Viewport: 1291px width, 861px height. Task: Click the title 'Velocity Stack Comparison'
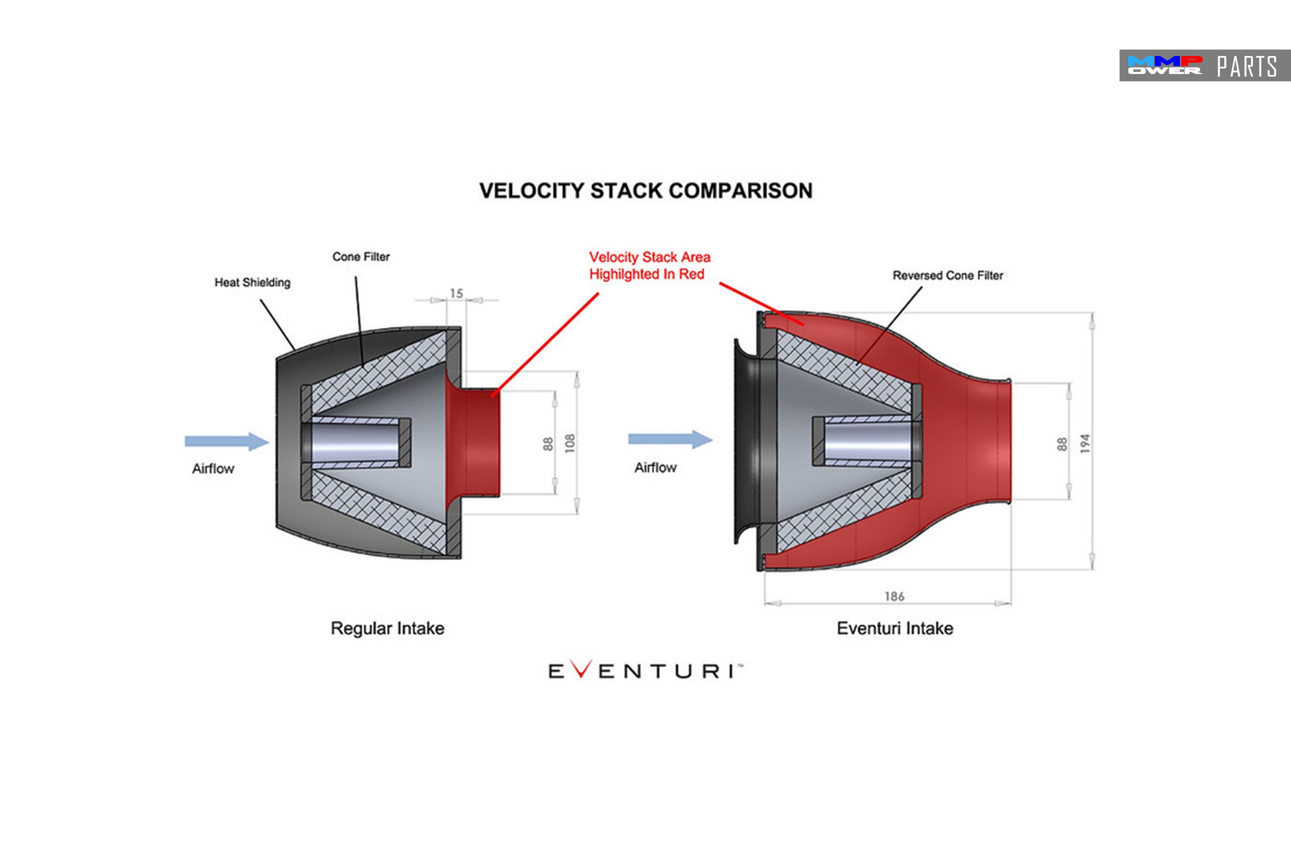click(645, 191)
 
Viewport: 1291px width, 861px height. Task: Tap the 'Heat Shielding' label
click(253, 282)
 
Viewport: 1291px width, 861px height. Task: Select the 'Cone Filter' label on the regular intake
click(361, 257)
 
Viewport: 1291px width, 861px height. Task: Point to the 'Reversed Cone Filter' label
click(948, 275)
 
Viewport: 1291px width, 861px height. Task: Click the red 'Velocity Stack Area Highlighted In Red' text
click(649, 265)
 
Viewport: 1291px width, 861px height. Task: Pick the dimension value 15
click(456, 294)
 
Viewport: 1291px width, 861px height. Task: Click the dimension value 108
click(570, 443)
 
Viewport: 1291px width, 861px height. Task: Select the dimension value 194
click(1084, 443)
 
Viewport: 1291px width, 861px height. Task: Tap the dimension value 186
click(894, 596)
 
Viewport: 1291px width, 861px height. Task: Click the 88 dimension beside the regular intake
click(548, 444)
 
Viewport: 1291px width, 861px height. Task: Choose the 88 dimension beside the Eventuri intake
click(1062, 444)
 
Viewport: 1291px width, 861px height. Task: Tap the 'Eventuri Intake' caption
click(895, 628)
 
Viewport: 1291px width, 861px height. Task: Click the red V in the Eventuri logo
click(581, 669)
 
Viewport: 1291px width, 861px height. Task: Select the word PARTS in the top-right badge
click(1247, 66)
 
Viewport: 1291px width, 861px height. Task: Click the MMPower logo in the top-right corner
click(1164, 65)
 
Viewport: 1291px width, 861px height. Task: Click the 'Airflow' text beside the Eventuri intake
click(655, 467)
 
